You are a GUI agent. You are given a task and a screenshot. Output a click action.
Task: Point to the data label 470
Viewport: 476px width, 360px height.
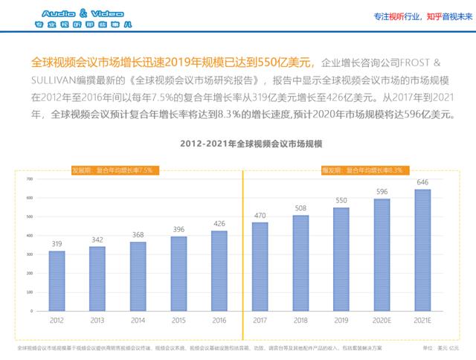(x=260, y=216)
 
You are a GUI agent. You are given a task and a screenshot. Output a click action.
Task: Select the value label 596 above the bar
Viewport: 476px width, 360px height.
(x=382, y=192)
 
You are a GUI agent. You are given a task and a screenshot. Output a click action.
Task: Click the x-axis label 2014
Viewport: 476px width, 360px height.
(x=138, y=322)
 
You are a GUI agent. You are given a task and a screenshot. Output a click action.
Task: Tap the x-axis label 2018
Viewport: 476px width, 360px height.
(x=300, y=322)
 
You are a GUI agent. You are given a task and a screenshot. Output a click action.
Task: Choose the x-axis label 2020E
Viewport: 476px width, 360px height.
(x=382, y=322)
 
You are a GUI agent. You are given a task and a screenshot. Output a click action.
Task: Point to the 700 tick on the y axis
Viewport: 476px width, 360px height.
(x=30, y=179)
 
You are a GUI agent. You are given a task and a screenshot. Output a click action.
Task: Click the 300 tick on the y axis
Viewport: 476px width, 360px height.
(x=30, y=254)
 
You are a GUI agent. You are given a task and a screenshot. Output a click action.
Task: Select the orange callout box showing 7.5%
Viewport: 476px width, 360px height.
(x=112, y=170)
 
